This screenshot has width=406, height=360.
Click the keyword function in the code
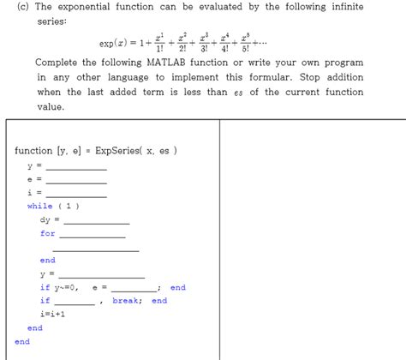pyautogui.click(x=33, y=151)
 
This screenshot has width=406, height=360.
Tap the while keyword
pyautogui.click(x=39, y=206)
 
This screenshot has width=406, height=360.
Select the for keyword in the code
pyautogui.click(x=47, y=233)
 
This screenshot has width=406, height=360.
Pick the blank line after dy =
pyautogui.click(x=90, y=220)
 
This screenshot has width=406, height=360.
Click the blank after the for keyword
pyautogui.click(x=93, y=234)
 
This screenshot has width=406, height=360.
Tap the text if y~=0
pyautogui.click(x=59, y=287)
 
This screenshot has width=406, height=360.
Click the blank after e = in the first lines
pyautogui.click(x=76, y=179)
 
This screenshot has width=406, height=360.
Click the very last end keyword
pyautogui.click(x=21, y=341)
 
